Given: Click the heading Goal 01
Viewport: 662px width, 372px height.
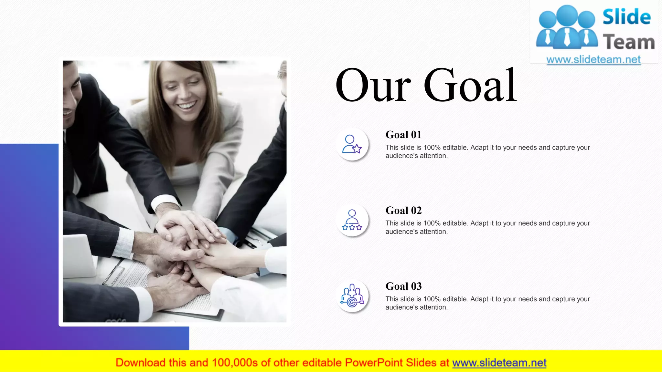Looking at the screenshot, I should click(x=403, y=135).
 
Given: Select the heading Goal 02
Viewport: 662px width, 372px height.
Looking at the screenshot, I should click(x=403, y=211).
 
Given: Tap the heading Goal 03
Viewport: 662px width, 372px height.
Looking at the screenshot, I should click(x=403, y=286).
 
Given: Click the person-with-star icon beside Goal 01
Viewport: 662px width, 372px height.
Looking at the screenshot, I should click(x=352, y=144).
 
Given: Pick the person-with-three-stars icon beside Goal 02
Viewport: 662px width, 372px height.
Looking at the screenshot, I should click(x=352, y=220).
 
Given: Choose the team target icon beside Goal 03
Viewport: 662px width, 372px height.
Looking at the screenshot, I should click(x=352, y=296).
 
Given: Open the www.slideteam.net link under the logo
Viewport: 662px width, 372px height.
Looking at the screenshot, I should click(x=593, y=60).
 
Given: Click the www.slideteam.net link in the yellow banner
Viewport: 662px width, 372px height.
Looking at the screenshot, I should click(x=499, y=363).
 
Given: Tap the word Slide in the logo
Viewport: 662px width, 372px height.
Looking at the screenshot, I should click(x=626, y=17).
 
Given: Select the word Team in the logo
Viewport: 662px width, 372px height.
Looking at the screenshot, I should click(x=629, y=42).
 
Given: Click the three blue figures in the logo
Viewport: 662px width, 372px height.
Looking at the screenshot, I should click(x=567, y=27).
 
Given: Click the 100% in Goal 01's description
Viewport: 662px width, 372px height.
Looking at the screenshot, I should click(x=432, y=148).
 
